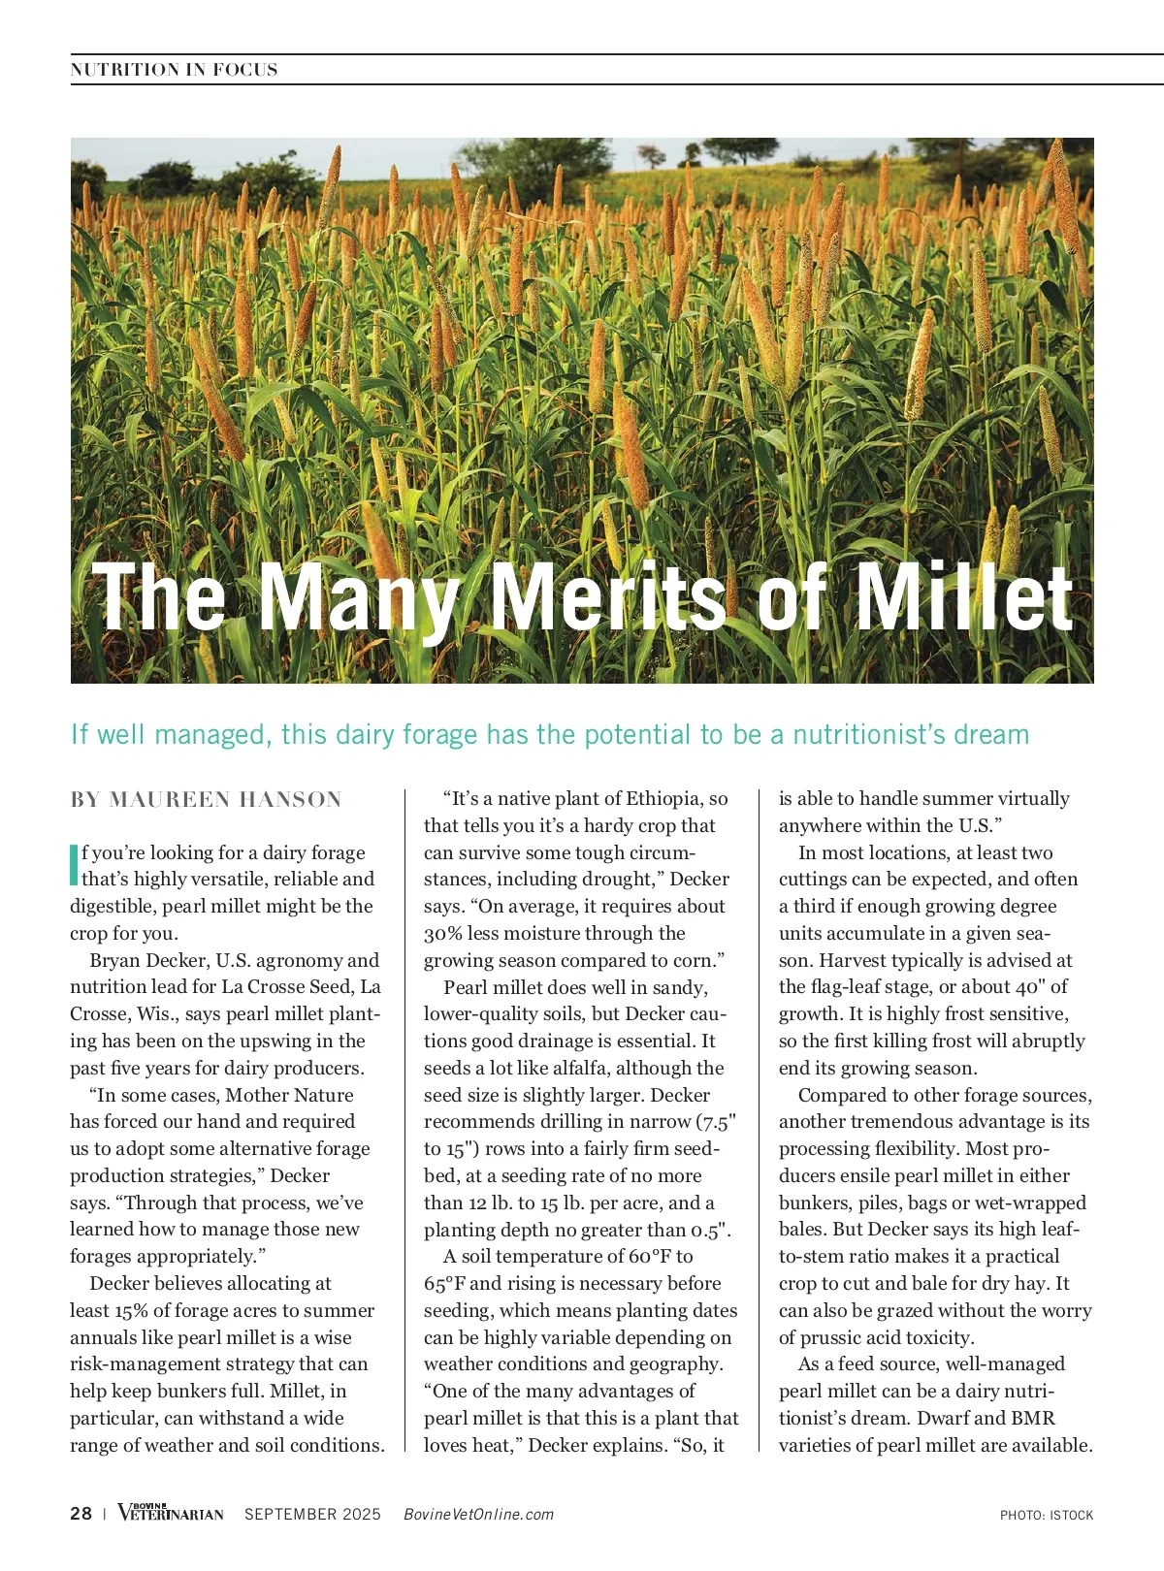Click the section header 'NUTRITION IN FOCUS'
pyautogui.click(x=174, y=70)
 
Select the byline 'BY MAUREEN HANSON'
pyautogui.click(x=206, y=800)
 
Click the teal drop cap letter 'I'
pyautogui.click(x=74, y=865)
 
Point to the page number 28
pyautogui.click(x=81, y=1514)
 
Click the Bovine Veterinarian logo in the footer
pyautogui.click(x=170, y=1513)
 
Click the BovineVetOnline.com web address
pyautogui.click(x=478, y=1515)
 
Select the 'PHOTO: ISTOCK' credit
pyautogui.click(x=1047, y=1515)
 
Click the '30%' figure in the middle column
pyautogui.click(x=443, y=934)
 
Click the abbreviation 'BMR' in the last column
pyautogui.click(x=1033, y=1419)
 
